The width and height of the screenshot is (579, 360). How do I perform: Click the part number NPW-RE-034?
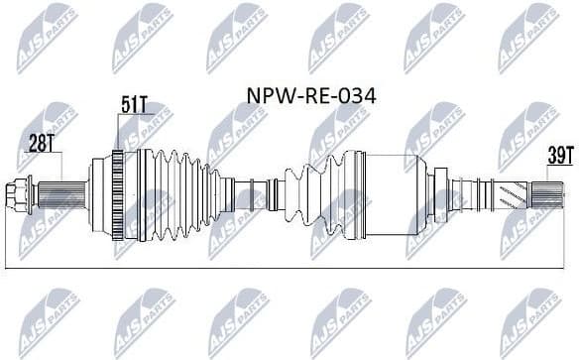point(308,97)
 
